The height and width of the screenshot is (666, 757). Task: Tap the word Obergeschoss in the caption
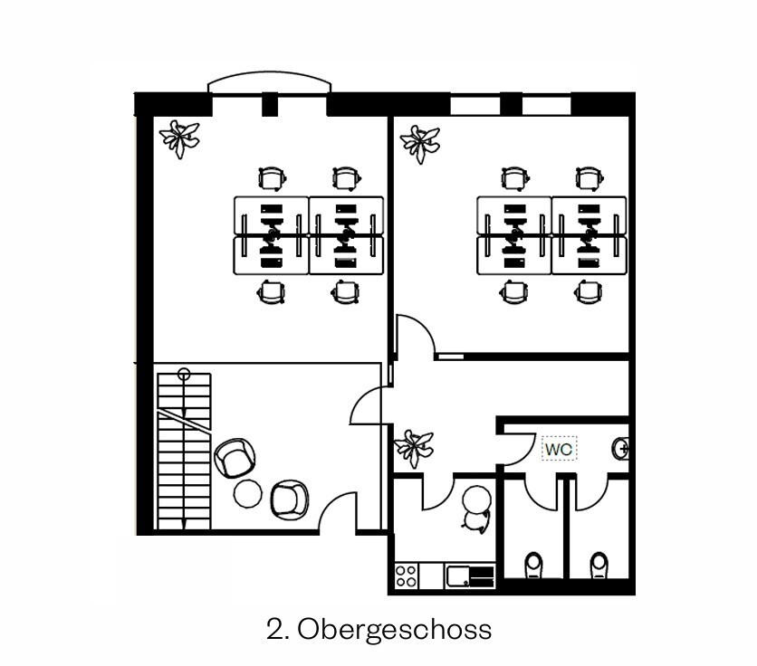(394, 628)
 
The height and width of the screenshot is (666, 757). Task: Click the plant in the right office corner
(421, 142)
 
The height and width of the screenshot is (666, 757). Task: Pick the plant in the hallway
(414, 446)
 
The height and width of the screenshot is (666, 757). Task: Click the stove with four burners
(407, 575)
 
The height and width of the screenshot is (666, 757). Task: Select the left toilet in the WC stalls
(534, 565)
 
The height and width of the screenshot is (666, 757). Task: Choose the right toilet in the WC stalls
(599, 565)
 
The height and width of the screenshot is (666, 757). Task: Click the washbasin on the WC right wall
(622, 446)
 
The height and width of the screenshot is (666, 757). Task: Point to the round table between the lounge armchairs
(247, 494)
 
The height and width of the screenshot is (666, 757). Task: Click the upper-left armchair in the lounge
(235, 457)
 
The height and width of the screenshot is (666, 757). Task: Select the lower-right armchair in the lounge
(291, 499)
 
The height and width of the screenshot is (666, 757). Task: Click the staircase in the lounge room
(183, 448)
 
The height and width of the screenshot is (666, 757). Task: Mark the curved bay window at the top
(269, 84)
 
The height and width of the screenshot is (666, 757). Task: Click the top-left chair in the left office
(271, 178)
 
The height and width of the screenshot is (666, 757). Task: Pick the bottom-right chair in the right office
(588, 291)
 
